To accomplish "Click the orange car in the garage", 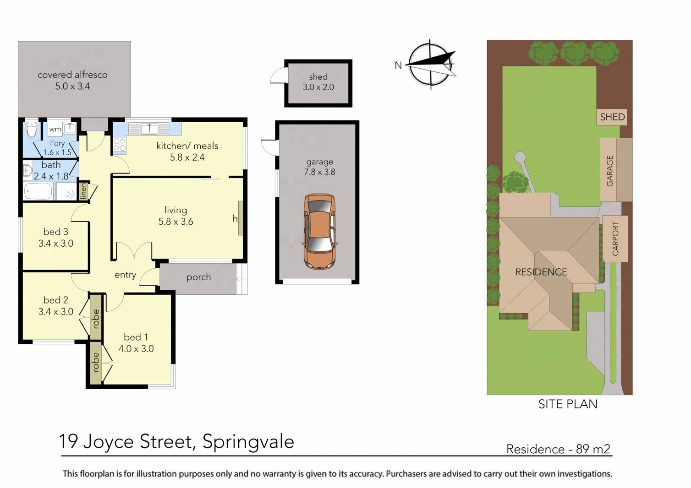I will pyautogui.click(x=319, y=231).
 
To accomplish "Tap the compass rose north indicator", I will pyautogui.click(x=431, y=64).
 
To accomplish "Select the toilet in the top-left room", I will pyautogui.click(x=31, y=130).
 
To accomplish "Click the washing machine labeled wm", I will pyautogui.click(x=55, y=129).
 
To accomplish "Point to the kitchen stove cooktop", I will pyautogui.click(x=119, y=145).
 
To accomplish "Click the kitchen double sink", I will pyautogui.click(x=149, y=129).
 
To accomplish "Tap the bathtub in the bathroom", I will pyautogui.click(x=38, y=191).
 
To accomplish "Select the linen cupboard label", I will pyautogui.click(x=83, y=190).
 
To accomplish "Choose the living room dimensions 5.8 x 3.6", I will pyautogui.click(x=175, y=222).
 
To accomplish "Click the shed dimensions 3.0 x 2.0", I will pyautogui.click(x=318, y=87).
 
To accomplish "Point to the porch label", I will pyautogui.click(x=198, y=277).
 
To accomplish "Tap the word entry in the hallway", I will pyautogui.click(x=125, y=275).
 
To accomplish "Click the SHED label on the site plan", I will pyautogui.click(x=612, y=117).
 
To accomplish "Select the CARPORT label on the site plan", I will pyautogui.click(x=615, y=239).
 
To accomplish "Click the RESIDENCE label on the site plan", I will pyautogui.click(x=541, y=272).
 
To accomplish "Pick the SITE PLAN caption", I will pyautogui.click(x=568, y=404).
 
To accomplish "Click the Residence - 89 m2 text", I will pyautogui.click(x=558, y=449).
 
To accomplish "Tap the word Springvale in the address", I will pyautogui.click(x=248, y=441).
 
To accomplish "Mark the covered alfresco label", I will pyautogui.click(x=72, y=75).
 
